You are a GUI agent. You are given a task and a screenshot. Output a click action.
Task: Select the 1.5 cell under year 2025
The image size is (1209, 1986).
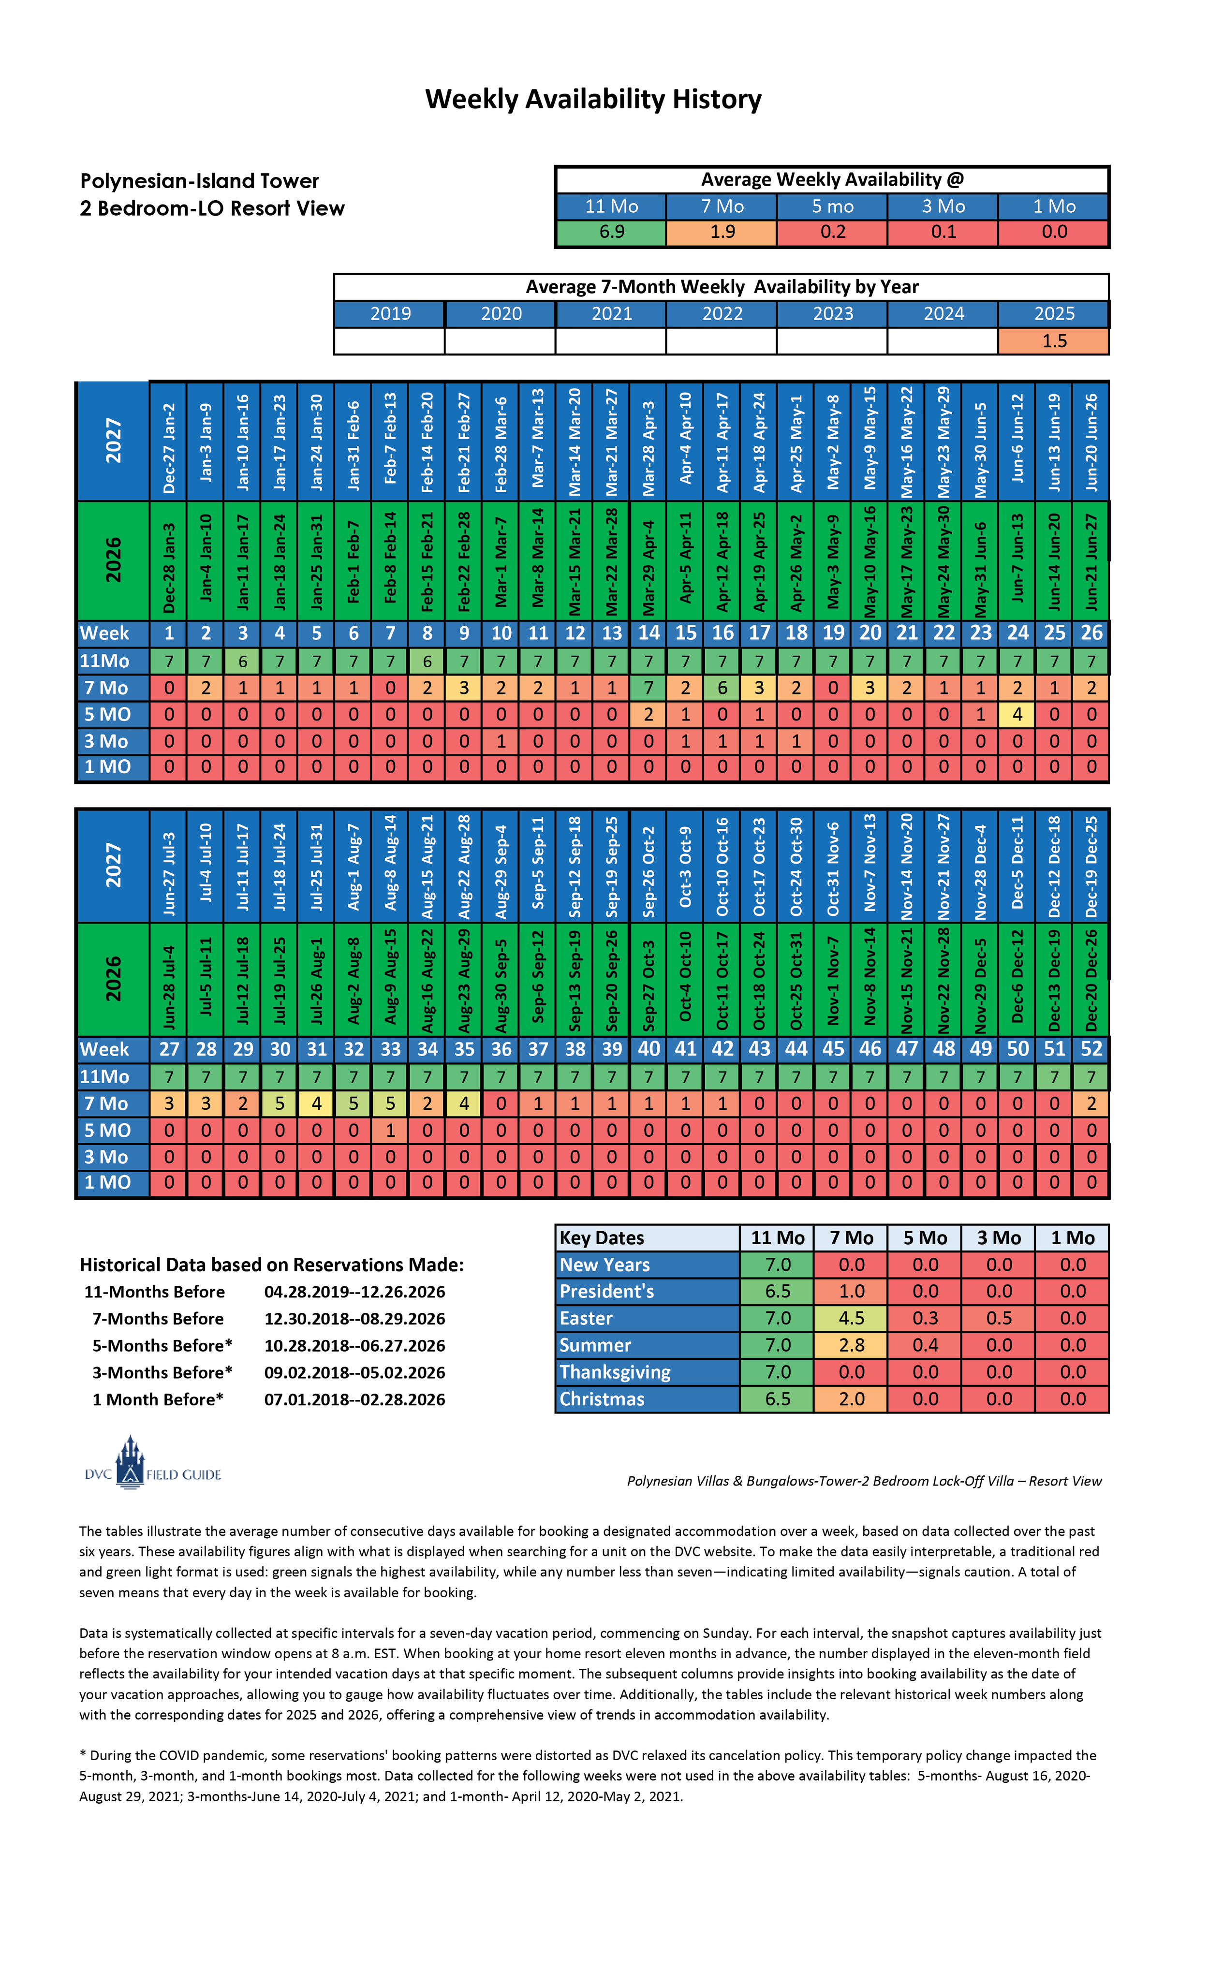[1053, 341]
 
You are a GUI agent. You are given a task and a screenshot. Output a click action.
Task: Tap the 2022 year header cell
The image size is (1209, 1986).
[722, 313]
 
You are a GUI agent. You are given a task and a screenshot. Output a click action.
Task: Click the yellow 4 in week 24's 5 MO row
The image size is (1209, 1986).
[1017, 714]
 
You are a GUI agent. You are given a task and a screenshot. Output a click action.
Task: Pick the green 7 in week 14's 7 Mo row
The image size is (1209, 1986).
[648, 688]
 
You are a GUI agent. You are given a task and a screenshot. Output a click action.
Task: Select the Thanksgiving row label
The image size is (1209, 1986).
[615, 1372]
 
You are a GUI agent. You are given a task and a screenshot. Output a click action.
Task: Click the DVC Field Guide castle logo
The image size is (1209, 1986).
[130, 1462]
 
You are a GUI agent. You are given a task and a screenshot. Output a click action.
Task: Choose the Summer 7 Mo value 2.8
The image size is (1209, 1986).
[851, 1345]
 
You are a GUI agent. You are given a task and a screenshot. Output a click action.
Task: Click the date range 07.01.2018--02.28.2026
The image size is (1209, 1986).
[354, 1399]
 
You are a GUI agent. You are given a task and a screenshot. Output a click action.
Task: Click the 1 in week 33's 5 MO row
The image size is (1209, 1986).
[390, 1130]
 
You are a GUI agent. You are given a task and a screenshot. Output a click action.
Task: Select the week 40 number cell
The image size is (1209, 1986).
[648, 1049]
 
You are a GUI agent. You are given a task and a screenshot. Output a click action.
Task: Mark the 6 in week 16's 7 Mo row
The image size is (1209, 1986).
[722, 688]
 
